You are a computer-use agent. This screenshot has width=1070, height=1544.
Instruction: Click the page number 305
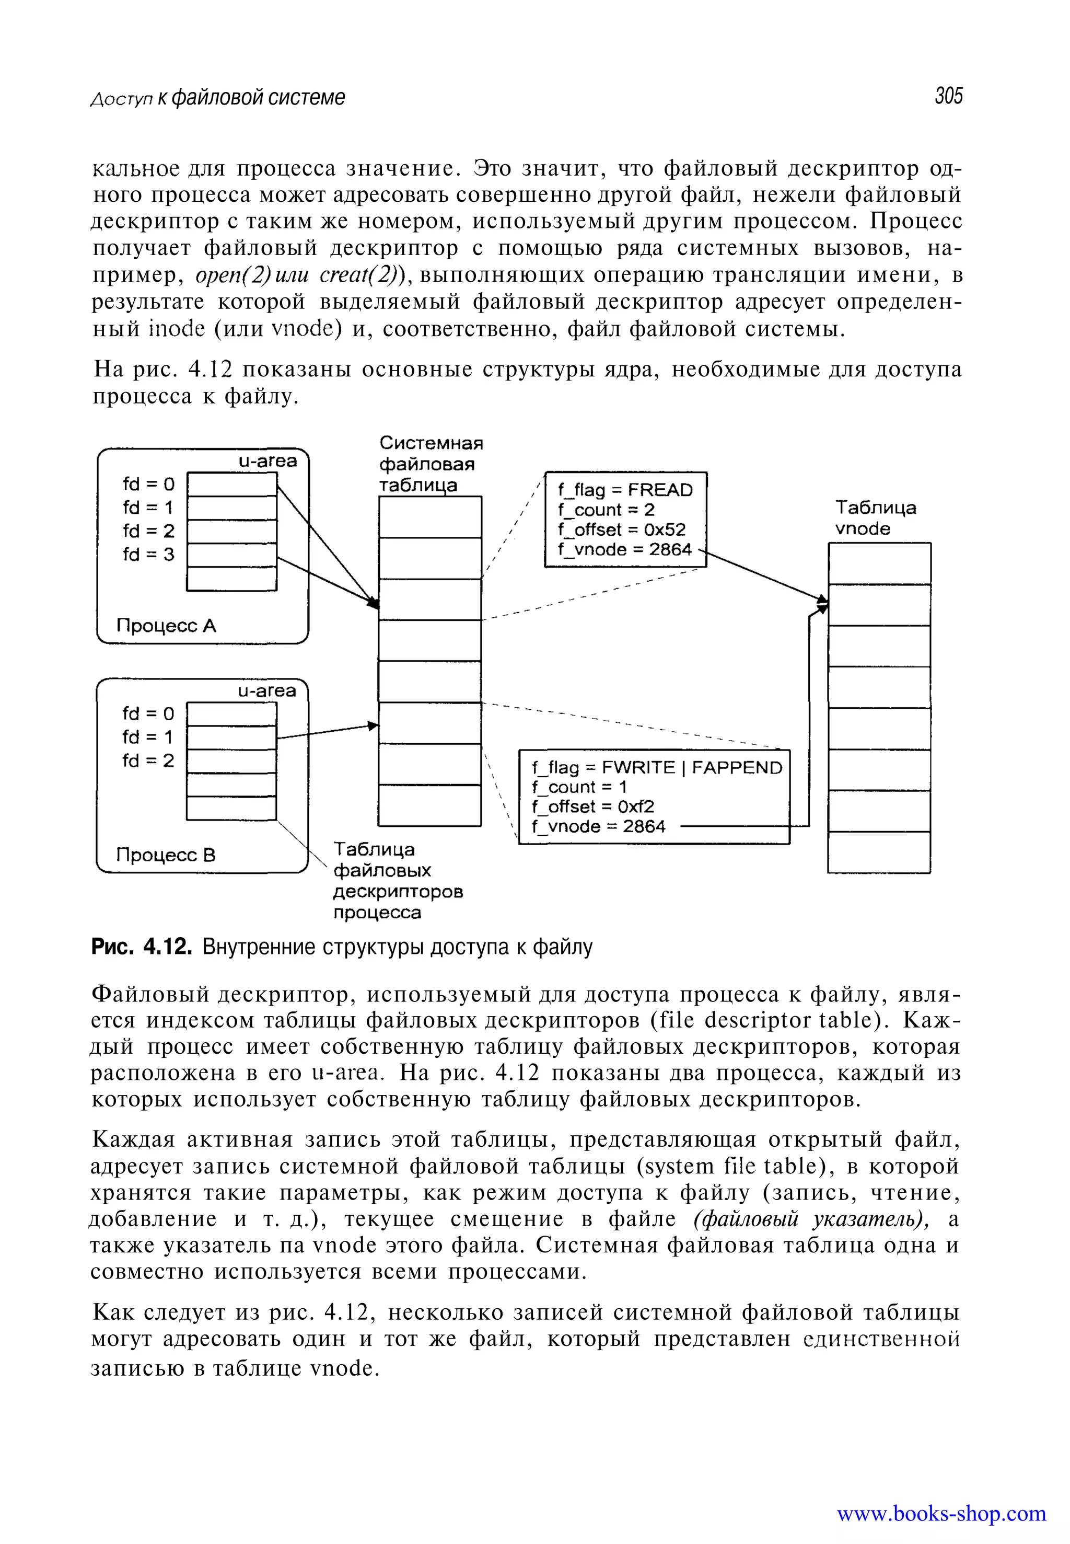pyautogui.click(x=948, y=97)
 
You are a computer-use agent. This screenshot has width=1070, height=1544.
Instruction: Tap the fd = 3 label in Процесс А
pyautogui.click(x=148, y=555)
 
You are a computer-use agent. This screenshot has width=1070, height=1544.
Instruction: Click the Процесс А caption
pyautogui.click(x=166, y=626)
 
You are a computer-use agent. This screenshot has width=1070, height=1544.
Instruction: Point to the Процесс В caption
pyautogui.click(x=166, y=855)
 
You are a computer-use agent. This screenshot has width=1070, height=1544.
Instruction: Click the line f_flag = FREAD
pyautogui.click(x=625, y=490)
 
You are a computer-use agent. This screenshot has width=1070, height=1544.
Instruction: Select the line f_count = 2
pyautogui.click(x=606, y=510)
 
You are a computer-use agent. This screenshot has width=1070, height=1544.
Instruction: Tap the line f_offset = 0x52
pyautogui.click(x=622, y=530)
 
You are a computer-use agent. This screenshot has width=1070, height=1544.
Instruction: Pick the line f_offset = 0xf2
pyautogui.click(x=592, y=807)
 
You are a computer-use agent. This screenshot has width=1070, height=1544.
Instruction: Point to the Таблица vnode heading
pyautogui.click(x=875, y=518)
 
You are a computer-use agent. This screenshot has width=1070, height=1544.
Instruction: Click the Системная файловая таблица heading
pyautogui.click(x=430, y=464)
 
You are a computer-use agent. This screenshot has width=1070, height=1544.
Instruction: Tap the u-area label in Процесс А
pyautogui.click(x=267, y=462)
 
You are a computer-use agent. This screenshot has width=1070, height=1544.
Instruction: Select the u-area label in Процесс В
pyautogui.click(x=267, y=692)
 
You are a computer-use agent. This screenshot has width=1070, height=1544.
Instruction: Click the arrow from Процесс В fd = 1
pyautogui.click(x=327, y=732)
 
